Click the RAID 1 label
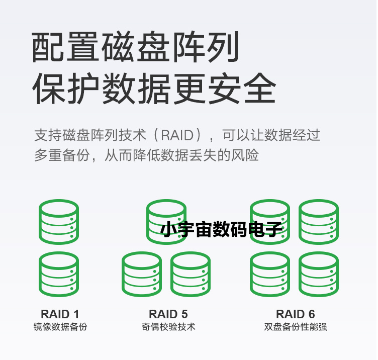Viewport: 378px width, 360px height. tap(60, 314)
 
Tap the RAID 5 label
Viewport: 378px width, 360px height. tap(168, 314)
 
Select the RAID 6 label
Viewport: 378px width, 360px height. tap(296, 314)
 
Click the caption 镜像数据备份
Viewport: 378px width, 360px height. tap(60, 327)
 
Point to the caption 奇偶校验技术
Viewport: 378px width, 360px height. tap(168, 327)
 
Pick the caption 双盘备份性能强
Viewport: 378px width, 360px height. tap(296, 327)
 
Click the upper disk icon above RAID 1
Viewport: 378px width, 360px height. tap(59, 222)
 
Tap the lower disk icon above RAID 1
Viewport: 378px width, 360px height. tap(59, 274)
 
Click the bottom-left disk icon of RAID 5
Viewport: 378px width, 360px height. tap(142, 274)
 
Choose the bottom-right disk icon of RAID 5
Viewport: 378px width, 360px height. tap(191, 274)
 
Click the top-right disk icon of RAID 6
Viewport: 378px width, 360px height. tap(319, 222)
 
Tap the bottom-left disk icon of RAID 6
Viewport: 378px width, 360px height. tap(270, 274)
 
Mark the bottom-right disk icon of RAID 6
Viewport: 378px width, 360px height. tap(319, 274)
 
